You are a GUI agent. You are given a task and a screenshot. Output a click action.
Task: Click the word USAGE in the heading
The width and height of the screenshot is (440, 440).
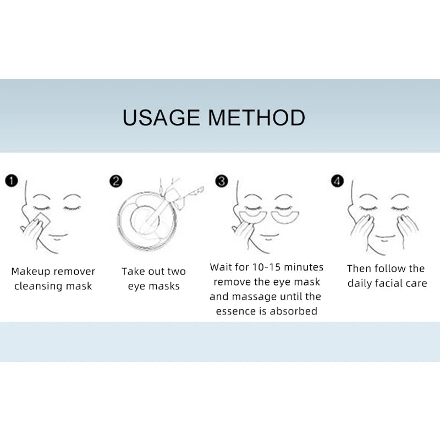tap(161, 117)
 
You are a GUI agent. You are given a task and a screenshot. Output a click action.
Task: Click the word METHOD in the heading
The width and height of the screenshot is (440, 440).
tap(256, 117)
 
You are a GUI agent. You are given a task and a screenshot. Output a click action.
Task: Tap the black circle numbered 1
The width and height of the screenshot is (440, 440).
tap(12, 181)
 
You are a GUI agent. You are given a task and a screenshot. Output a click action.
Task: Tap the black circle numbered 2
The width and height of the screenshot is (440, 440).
tap(116, 182)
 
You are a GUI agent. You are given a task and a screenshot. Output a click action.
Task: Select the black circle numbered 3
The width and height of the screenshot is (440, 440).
tap(222, 181)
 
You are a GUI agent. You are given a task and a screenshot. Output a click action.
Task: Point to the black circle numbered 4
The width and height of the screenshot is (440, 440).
tap(337, 181)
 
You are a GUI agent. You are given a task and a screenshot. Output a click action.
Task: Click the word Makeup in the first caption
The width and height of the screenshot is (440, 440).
tap(31, 272)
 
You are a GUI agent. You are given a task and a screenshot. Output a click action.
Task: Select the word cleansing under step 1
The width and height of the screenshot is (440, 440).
tap(38, 286)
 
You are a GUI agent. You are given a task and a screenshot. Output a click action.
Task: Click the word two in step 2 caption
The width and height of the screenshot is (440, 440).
tap(177, 272)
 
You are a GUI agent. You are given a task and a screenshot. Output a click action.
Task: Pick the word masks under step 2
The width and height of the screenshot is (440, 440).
tap(164, 286)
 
